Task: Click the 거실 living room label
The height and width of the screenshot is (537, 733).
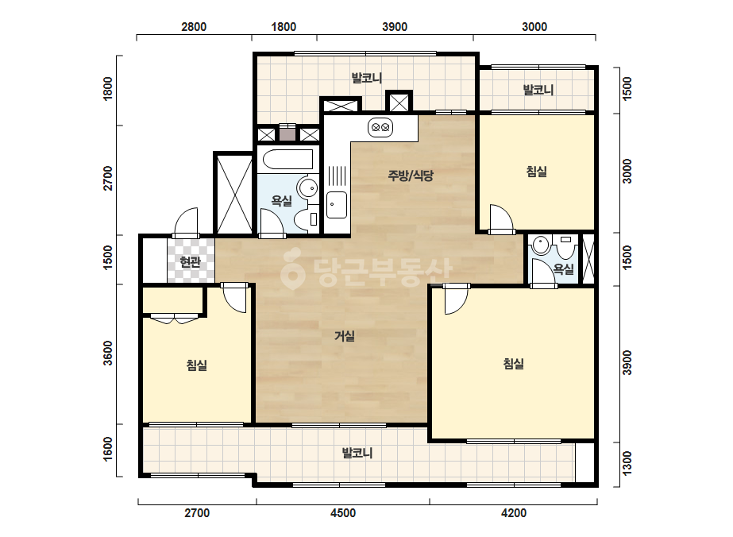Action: click(345, 336)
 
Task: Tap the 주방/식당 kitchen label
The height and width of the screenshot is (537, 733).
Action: click(411, 176)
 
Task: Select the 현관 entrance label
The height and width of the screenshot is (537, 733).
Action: click(191, 262)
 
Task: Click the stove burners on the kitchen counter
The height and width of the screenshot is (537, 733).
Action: click(380, 127)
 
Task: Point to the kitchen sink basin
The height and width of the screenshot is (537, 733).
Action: click(337, 205)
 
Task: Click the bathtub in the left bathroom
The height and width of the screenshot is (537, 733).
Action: click(287, 159)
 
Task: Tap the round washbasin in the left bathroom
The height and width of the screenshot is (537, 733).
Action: click(307, 188)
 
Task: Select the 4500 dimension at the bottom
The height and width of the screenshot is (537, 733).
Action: click(343, 513)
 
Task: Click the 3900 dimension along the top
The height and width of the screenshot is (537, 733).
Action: click(395, 27)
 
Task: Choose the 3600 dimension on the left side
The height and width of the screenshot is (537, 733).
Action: click(107, 353)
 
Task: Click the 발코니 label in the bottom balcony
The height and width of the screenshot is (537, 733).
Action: click(357, 453)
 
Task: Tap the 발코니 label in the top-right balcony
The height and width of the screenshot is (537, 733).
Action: click(538, 89)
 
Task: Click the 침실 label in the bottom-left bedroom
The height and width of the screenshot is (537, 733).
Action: click(197, 365)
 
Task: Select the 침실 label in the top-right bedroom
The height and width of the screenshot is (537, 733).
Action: click(537, 172)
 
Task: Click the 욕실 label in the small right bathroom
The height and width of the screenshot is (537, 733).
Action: click(563, 269)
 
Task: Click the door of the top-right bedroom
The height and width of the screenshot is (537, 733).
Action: click(501, 218)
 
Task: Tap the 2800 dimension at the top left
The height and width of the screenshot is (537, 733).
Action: click(194, 27)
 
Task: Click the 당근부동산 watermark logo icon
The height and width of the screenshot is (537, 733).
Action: click(292, 269)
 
